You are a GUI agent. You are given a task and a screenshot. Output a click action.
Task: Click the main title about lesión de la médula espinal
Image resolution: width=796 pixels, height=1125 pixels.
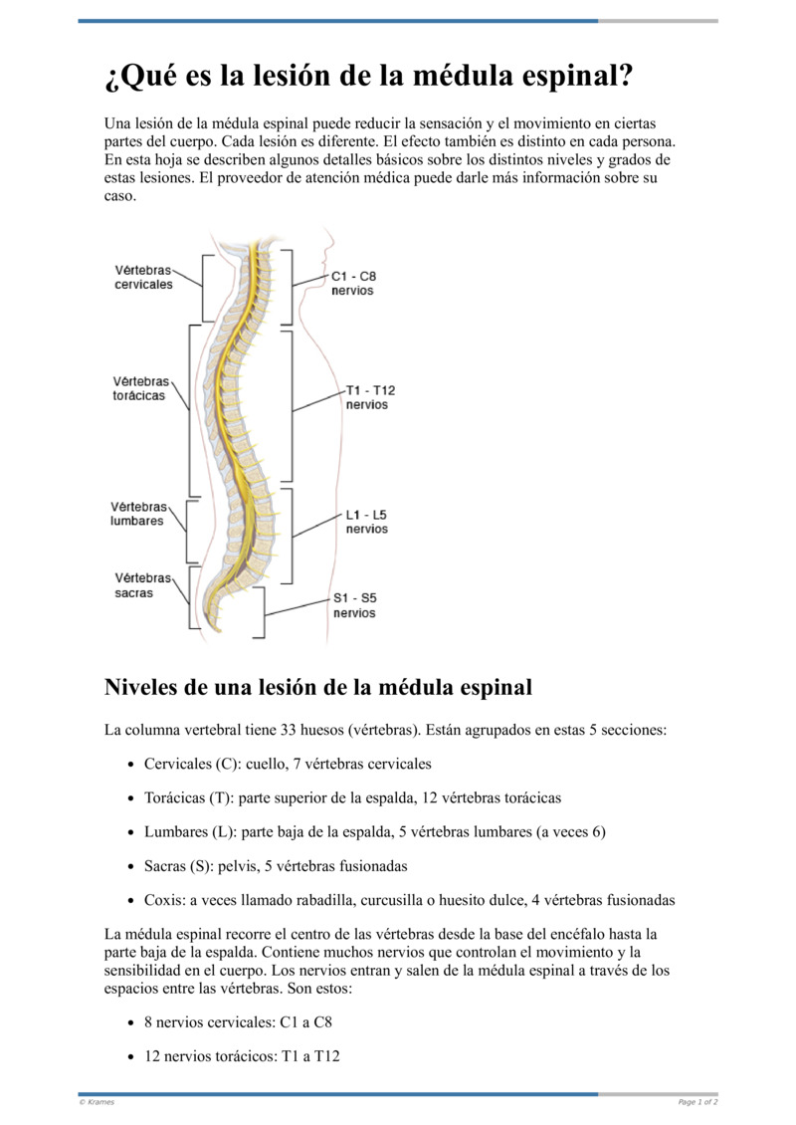369,76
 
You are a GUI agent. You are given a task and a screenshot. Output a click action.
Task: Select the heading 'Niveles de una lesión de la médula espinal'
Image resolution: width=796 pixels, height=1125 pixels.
318,687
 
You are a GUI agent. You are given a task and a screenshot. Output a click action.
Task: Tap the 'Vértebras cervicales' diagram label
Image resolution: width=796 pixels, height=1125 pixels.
142,277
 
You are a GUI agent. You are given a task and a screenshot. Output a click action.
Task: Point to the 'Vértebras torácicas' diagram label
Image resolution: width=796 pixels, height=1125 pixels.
139,388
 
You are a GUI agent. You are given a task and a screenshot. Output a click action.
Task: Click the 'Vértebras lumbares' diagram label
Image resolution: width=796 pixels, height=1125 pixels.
138,514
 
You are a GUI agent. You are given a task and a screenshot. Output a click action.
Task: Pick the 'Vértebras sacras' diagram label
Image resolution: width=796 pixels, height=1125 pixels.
141,585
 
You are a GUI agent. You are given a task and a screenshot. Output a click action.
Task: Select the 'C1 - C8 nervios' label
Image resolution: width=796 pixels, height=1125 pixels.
353,283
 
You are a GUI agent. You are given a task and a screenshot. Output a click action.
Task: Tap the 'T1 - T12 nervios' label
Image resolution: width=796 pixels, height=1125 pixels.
369,397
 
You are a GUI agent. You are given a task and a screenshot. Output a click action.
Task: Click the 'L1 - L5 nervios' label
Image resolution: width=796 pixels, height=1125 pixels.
366,522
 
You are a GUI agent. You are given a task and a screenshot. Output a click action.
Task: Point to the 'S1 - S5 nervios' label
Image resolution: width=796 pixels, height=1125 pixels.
354,605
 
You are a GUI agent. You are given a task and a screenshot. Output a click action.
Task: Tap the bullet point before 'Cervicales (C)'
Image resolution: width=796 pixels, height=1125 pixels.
132,765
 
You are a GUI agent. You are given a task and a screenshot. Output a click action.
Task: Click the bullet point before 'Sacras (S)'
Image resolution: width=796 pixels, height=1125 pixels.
132,866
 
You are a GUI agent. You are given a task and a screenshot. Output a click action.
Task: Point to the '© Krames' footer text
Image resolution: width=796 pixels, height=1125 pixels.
97,1102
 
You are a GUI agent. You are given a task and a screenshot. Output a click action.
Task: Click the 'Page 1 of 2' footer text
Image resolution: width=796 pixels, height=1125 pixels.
697,1102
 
